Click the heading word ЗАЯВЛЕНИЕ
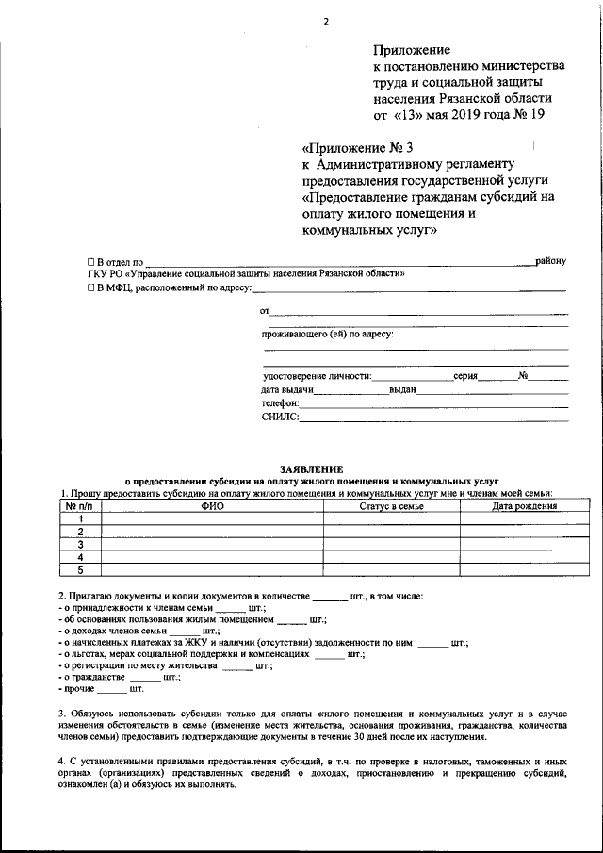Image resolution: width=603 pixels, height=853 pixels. pyautogui.click(x=311, y=468)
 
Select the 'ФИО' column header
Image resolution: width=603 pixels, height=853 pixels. pyautogui.click(x=212, y=506)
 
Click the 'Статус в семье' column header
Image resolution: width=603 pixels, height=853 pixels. pyautogui.click(x=392, y=506)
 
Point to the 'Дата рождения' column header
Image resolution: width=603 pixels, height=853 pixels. pyautogui.click(x=524, y=506)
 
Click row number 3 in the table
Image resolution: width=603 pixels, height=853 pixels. pyautogui.click(x=80, y=544)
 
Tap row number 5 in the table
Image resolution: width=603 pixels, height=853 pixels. pyautogui.click(x=80, y=569)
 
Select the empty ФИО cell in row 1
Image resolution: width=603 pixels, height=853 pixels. pyautogui.click(x=212, y=518)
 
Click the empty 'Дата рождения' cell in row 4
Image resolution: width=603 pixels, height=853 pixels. pyautogui.click(x=524, y=557)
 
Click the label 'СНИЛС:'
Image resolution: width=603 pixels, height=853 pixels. pyautogui.click(x=280, y=416)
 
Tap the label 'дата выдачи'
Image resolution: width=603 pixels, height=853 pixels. pyautogui.click(x=287, y=388)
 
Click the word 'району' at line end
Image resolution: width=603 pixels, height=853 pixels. pyautogui.click(x=550, y=260)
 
